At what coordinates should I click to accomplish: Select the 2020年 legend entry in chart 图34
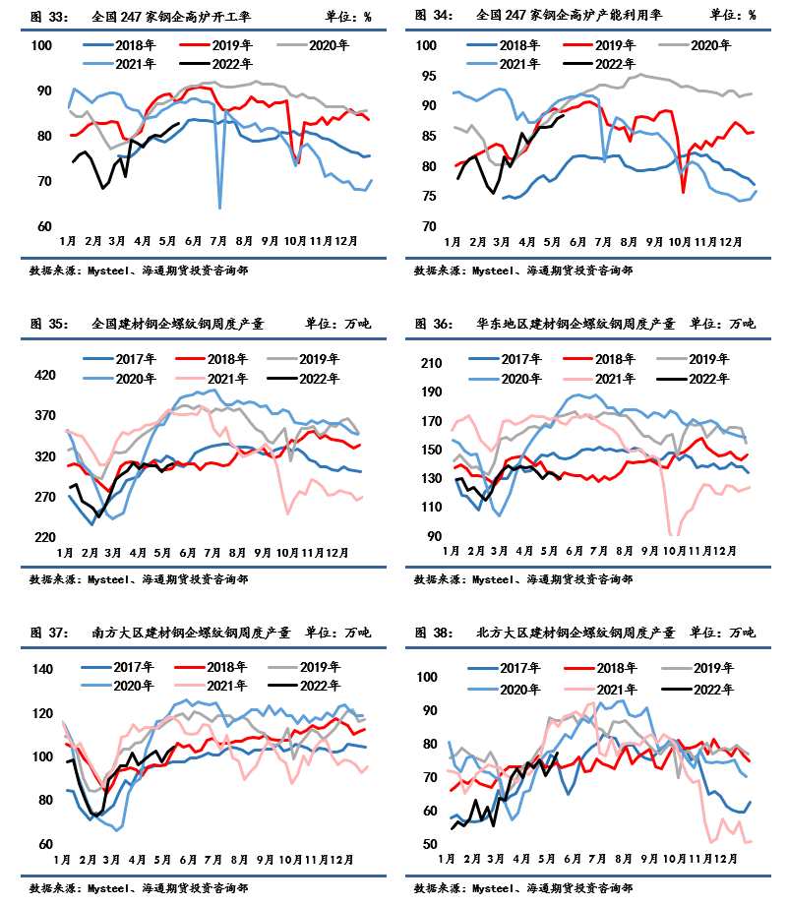coord(706,45)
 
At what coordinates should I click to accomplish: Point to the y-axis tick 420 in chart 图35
coord(44,375)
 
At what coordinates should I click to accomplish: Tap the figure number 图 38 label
coord(433,633)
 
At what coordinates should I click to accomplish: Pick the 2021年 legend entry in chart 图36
coord(610,379)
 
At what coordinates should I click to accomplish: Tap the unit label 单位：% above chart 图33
coord(348,16)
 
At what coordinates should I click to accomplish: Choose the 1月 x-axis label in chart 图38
coord(451,859)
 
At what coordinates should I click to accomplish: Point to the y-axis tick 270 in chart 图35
coord(44,497)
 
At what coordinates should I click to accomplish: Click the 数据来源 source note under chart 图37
coord(138,888)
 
